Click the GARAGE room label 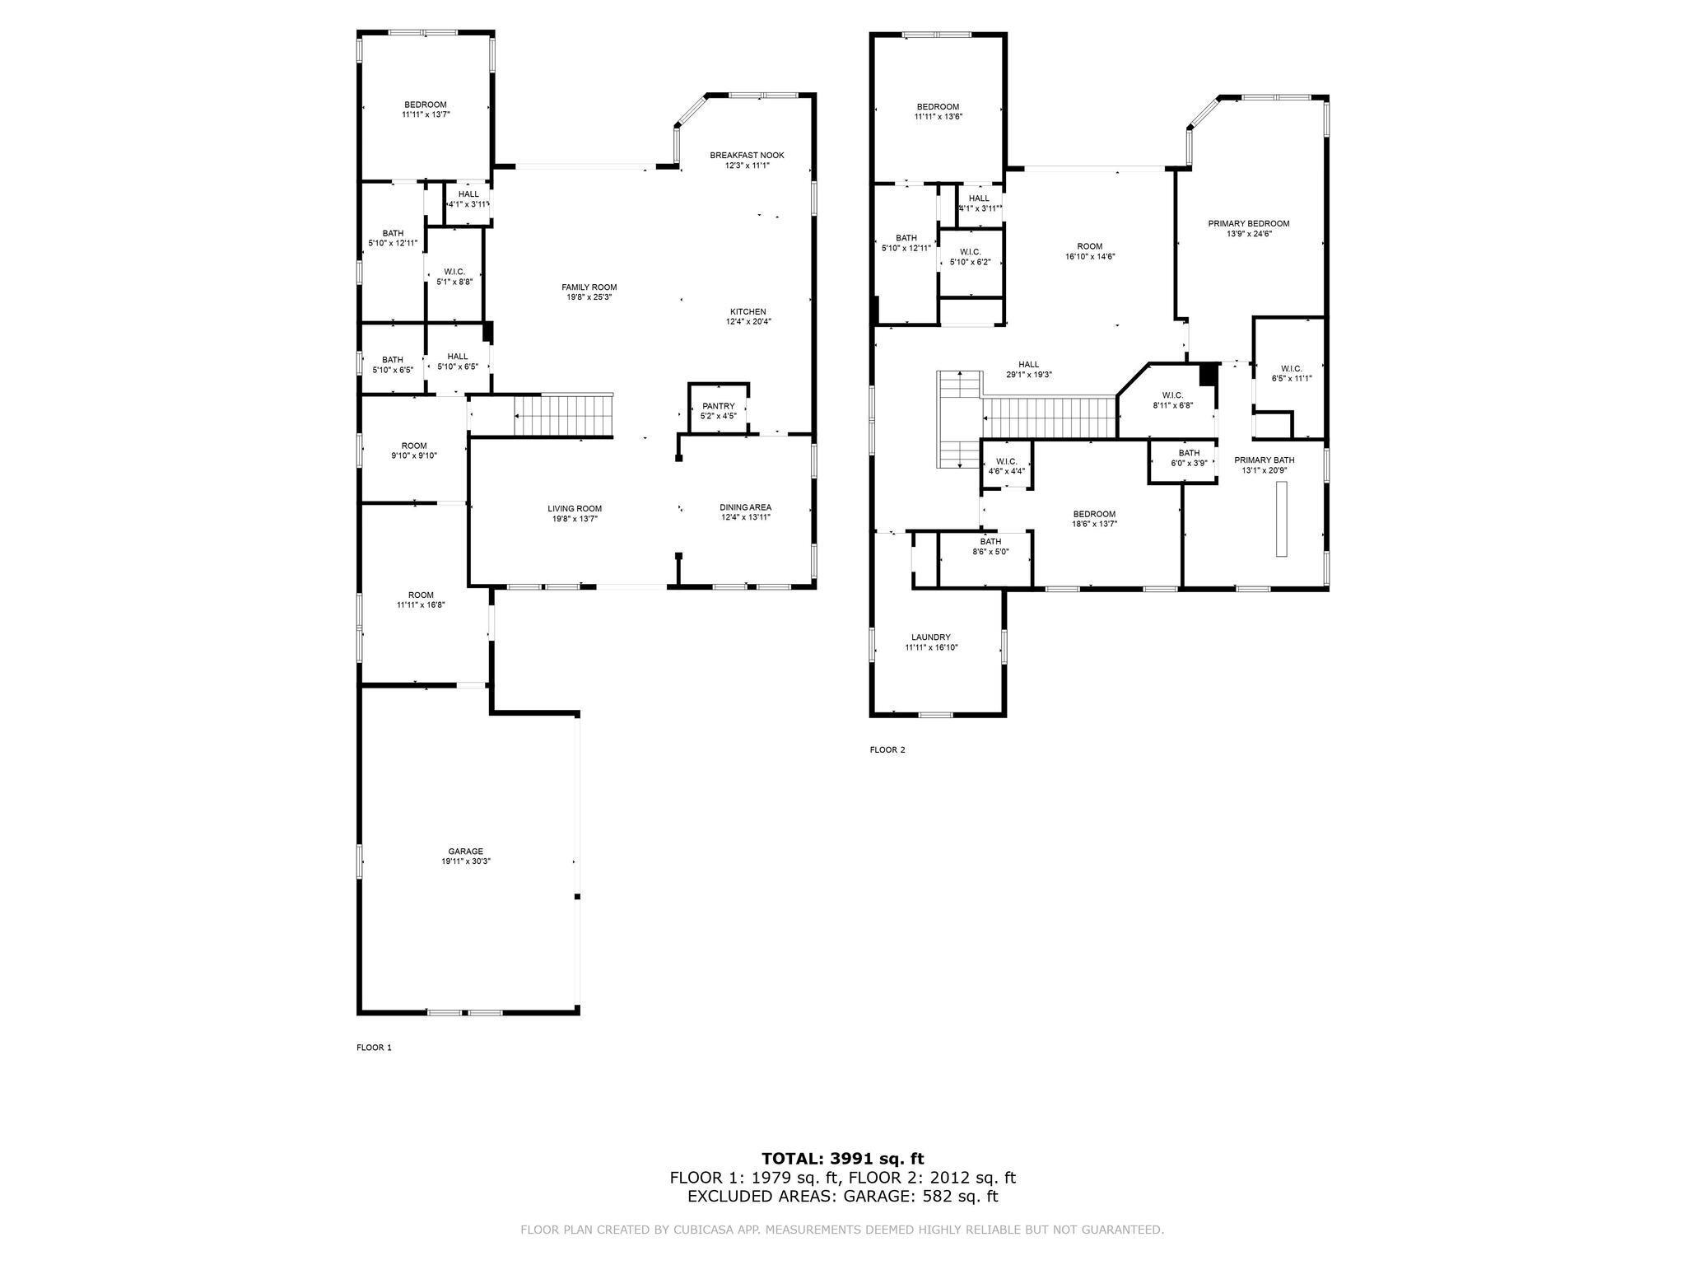465,852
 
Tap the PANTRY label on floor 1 718,406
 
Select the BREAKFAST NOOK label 747,155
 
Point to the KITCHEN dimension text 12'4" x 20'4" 748,322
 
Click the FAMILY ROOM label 589,287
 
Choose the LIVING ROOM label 575,509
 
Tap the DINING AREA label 745,507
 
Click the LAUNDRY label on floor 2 930,637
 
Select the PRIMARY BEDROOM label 1248,224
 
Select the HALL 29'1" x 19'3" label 1028,365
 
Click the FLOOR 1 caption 374,1048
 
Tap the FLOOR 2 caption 887,750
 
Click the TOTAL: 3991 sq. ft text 842,1160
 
